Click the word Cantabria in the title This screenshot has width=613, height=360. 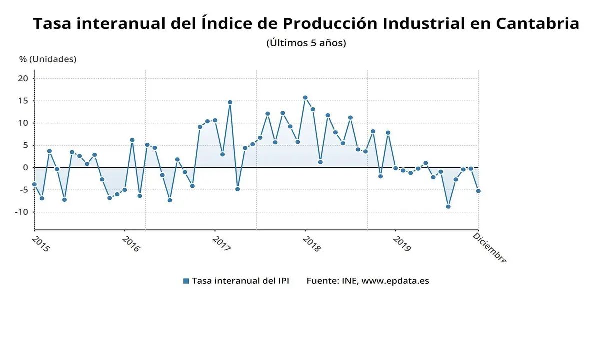click(x=537, y=23)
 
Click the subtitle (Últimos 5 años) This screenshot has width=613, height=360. click(x=306, y=43)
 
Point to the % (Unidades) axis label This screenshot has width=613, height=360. click(x=48, y=59)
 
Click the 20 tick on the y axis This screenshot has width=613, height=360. click(x=23, y=78)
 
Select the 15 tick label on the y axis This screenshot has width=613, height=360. click(x=23, y=101)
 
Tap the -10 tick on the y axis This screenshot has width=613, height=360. click(x=21, y=212)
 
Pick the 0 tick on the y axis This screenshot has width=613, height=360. click(x=25, y=167)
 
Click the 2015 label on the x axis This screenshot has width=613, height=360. click(x=40, y=244)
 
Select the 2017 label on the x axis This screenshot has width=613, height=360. click(x=221, y=244)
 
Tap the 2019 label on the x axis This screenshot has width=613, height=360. click(x=401, y=244)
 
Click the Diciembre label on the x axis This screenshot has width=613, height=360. click(x=489, y=247)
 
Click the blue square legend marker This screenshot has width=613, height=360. click(x=186, y=281)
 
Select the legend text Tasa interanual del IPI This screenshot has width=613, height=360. click(x=240, y=281)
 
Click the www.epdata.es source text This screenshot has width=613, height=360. click(x=395, y=281)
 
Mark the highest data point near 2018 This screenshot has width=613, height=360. click(x=305, y=98)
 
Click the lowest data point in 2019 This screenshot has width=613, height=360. click(x=448, y=206)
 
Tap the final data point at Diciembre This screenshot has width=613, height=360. click(x=478, y=191)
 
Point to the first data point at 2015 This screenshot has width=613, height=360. click(x=34, y=184)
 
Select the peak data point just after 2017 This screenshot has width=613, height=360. click(x=230, y=102)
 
